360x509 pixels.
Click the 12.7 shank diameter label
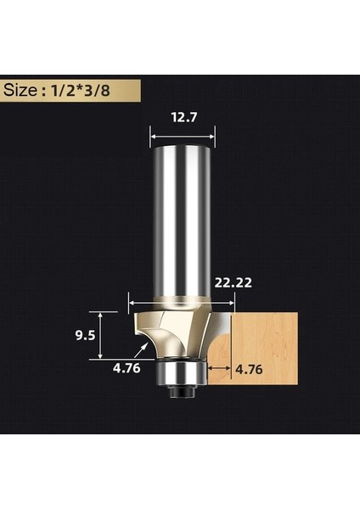183,118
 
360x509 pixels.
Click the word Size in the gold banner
25,89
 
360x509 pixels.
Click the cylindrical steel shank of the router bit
182,221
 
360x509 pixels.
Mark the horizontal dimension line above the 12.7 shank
183,134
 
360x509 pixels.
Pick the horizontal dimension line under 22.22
177,299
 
